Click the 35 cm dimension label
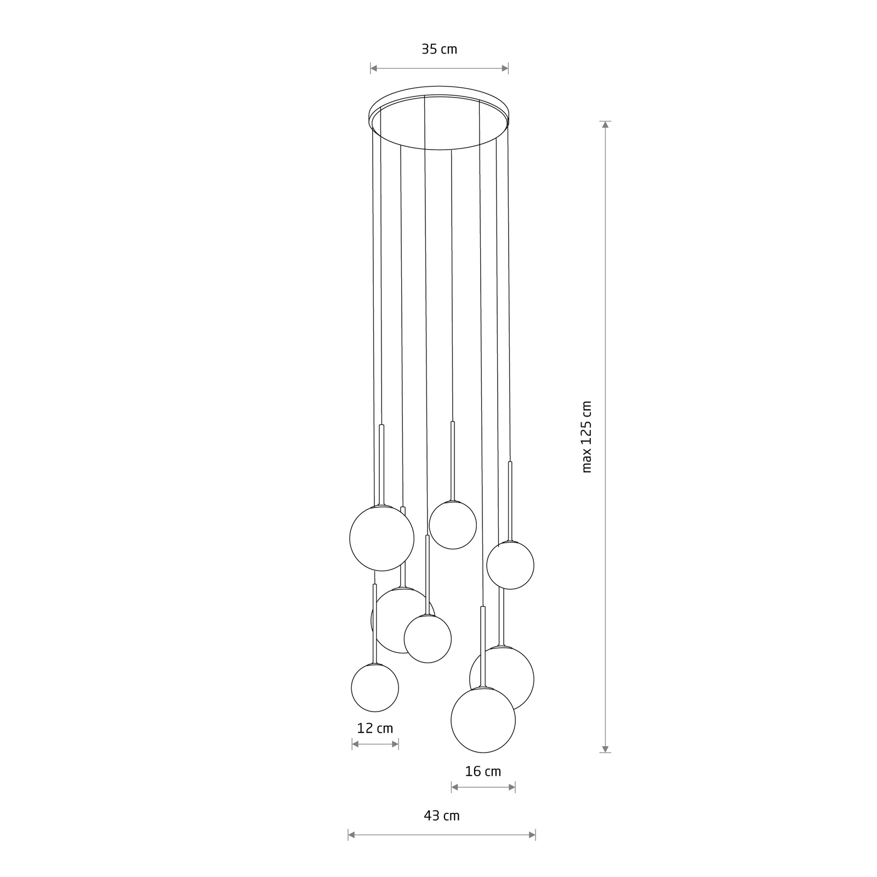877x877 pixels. (439, 49)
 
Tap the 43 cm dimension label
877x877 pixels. (442, 816)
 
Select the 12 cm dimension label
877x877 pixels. (375, 728)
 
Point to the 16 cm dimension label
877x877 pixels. (483, 772)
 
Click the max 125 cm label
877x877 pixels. (587, 436)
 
